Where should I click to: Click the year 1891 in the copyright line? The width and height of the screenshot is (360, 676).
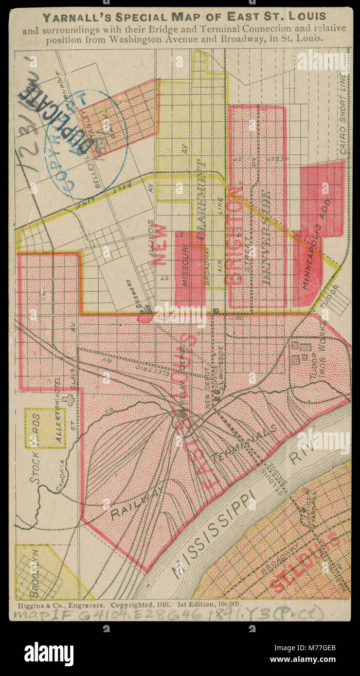point(162,605)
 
